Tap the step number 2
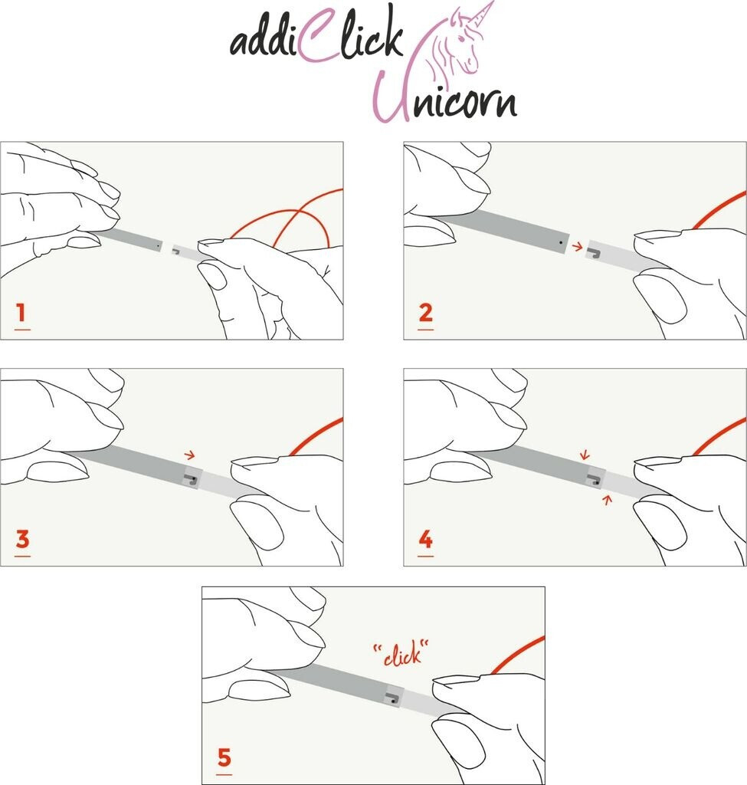(425, 313)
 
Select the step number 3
(22, 539)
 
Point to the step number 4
(426, 539)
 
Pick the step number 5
(224, 757)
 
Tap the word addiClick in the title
(317, 38)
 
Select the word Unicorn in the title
(445, 97)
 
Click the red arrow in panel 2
(578, 246)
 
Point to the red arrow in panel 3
(190, 455)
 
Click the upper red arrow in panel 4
(585, 455)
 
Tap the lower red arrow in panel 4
(608, 499)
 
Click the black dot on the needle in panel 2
(561, 242)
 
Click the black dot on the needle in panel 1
(159, 246)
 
